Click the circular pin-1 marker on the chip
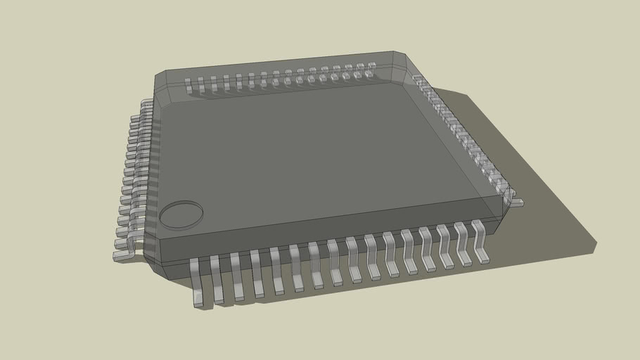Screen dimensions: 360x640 tap(181, 215)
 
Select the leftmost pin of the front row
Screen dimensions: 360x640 tap(197, 281)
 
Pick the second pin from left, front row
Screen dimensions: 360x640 tap(217, 278)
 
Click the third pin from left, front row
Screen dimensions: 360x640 tap(236, 276)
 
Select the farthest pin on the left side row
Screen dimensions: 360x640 tap(147, 103)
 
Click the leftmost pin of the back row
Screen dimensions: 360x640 tap(188, 85)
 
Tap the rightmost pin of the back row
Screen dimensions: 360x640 tap(371, 68)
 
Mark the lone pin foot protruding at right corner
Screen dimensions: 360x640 tap(517, 202)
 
